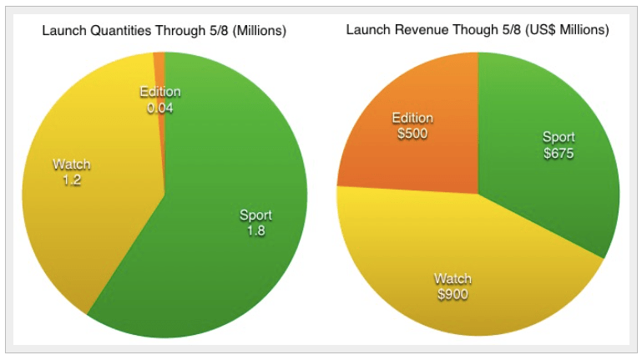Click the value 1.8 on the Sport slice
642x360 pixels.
click(x=255, y=231)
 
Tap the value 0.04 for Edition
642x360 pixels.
click(x=159, y=108)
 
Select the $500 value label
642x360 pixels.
click(x=412, y=134)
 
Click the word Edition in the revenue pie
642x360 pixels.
click(x=412, y=118)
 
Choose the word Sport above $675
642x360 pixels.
click(x=559, y=137)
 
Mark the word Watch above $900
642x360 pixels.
click(x=452, y=278)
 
